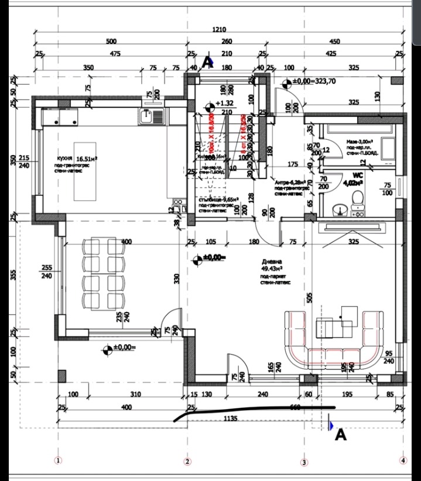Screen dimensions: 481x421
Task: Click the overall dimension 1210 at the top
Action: [220, 29]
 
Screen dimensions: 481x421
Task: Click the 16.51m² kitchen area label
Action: [86, 158]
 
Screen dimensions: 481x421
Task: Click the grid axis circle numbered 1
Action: [57, 461]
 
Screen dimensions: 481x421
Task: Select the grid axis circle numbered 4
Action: [402, 461]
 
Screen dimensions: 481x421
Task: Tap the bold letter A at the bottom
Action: [340, 435]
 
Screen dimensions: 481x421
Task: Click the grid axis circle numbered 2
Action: [187, 461]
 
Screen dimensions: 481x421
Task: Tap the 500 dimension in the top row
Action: [111, 42]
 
